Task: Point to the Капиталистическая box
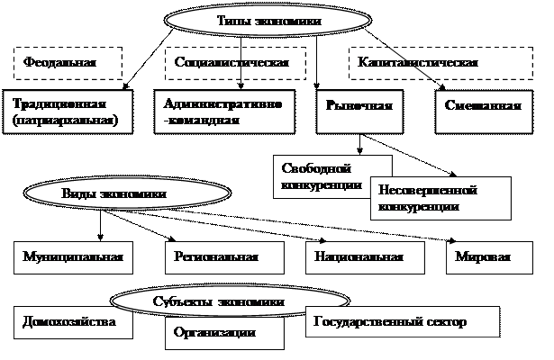(x=417, y=64)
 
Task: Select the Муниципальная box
(x=72, y=256)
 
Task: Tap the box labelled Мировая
(x=482, y=256)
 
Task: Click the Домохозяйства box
(x=68, y=321)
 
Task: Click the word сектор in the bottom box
(x=446, y=321)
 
